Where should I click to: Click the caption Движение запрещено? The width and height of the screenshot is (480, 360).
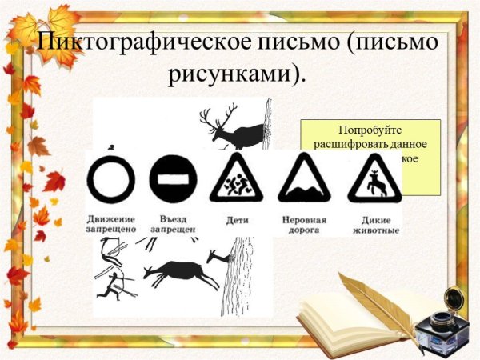click(110, 224)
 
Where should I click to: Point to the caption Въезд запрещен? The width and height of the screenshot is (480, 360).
click(174, 224)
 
